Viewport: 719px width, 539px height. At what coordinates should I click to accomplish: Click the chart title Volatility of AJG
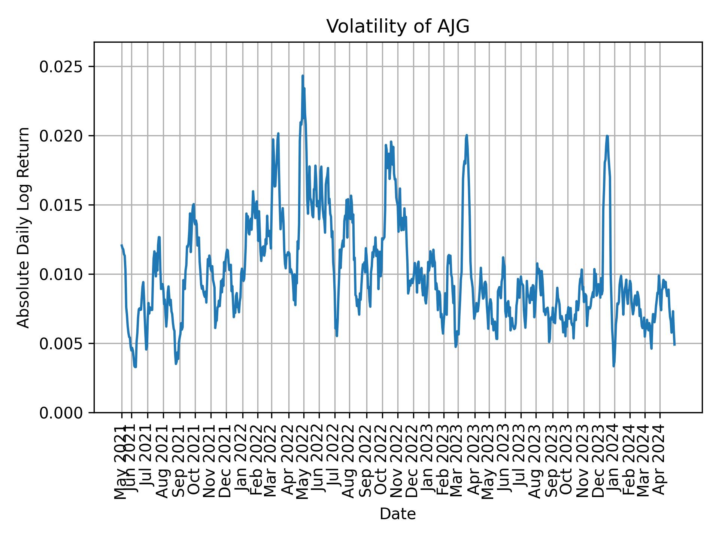coord(398,27)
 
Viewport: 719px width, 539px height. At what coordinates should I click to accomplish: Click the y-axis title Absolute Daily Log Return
coord(24,228)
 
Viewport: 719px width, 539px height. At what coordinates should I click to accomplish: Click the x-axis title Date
coord(398,514)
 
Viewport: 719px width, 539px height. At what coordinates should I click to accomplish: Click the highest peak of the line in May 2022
coord(303,76)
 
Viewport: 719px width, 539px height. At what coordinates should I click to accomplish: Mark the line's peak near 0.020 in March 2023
coord(467,135)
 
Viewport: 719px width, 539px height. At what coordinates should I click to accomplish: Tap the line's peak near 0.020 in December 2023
coord(607,136)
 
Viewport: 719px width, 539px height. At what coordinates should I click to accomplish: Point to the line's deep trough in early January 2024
coord(613,366)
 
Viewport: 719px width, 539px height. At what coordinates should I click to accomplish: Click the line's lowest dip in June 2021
coord(135,367)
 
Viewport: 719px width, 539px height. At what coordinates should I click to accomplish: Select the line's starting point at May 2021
coord(121,245)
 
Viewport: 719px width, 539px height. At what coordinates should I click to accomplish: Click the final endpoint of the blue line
coord(674,344)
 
